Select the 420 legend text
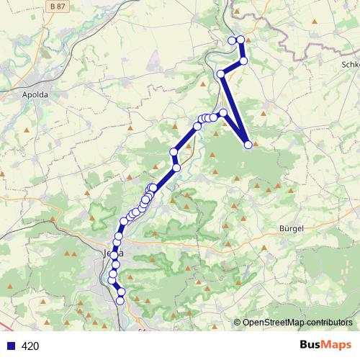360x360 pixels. (30, 346)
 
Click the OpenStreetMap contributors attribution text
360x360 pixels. (297, 323)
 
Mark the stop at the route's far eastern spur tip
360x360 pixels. (248, 145)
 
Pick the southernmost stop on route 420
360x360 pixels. (121, 300)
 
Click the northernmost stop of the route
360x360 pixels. (240, 39)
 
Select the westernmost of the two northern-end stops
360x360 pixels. (232, 40)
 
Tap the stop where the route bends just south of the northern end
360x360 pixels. (243, 61)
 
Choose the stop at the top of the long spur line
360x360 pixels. (220, 73)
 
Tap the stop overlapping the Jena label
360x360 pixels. (114, 254)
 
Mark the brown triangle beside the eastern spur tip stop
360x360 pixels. (255, 142)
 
